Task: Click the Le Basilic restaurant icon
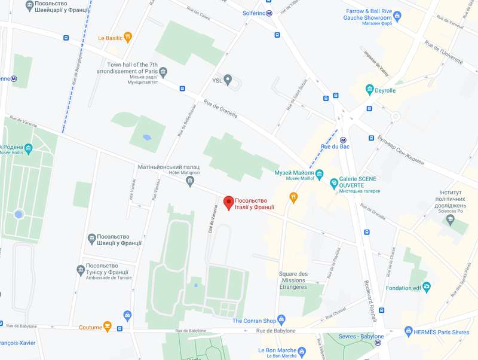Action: (128, 38)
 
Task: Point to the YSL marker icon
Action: (228, 80)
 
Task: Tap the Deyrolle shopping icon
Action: (370, 90)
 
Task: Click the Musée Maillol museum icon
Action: (319, 174)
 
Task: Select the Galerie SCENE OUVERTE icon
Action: (335, 184)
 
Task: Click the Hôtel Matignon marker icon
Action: (191, 182)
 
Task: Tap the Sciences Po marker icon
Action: (451, 221)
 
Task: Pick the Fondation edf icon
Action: (427, 288)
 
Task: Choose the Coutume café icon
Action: (108, 327)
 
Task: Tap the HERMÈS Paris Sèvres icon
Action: (409, 331)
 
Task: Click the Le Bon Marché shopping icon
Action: (302, 351)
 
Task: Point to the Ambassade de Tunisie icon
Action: (81, 270)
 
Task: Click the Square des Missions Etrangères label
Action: (293, 280)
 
